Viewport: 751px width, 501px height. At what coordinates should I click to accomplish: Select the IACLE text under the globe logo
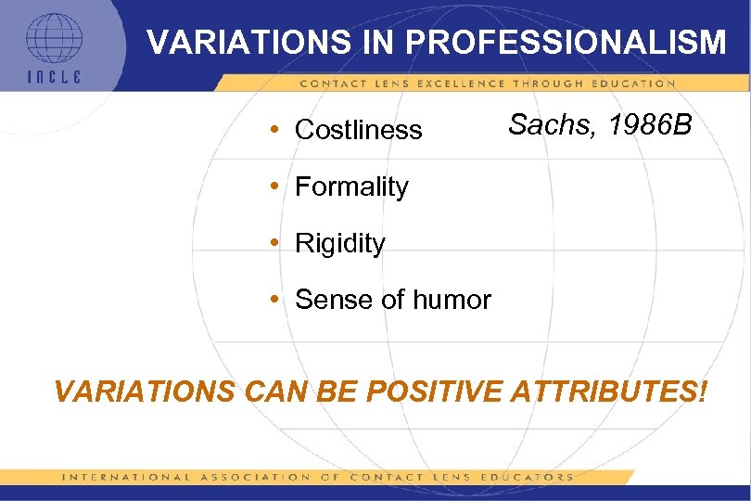tap(53, 77)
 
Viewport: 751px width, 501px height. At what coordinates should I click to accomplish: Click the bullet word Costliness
tap(358, 130)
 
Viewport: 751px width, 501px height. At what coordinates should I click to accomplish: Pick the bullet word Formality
tap(351, 186)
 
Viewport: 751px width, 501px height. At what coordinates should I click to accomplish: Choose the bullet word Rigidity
tap(339, 243)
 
